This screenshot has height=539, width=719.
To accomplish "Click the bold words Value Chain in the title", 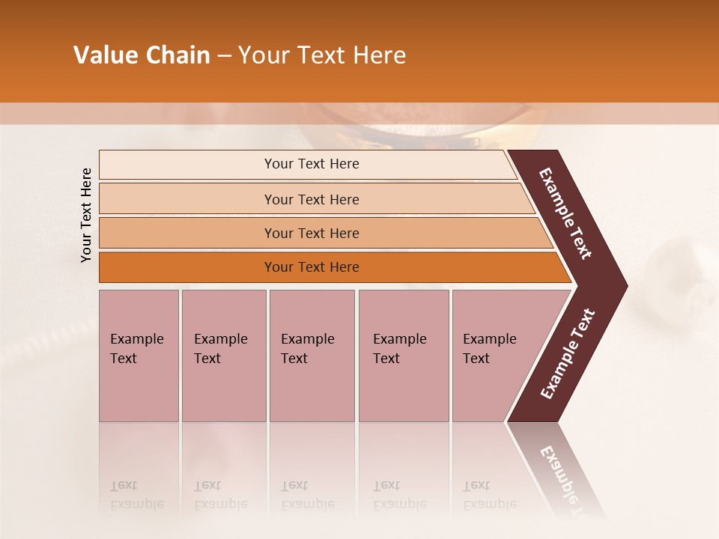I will point(142,55).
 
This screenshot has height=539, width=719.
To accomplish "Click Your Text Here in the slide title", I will point(322,55).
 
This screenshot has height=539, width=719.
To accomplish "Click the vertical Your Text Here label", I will point(86,216).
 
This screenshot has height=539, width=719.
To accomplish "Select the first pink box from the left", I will point(139,356).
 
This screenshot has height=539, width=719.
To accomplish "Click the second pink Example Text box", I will point(223,356).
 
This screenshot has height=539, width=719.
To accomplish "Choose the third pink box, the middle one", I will point(312,356).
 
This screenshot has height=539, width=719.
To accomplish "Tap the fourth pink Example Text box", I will point(404,356).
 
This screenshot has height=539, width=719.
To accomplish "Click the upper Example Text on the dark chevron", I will point(565,213).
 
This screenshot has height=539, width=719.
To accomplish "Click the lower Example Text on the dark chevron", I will point(568,353).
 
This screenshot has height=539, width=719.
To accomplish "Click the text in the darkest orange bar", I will point(312,267).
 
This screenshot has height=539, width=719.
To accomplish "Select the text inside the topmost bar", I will point(312,164).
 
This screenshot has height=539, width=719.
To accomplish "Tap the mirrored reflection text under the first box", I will point(136,496).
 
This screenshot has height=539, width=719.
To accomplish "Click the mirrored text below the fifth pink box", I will point(489,496).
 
